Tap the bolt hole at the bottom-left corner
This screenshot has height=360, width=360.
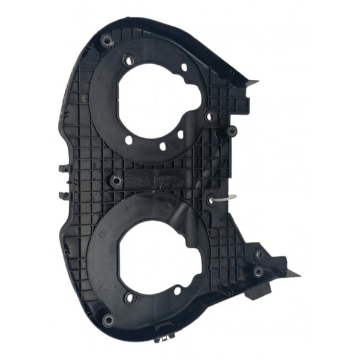107,318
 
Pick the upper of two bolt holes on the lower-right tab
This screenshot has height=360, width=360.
259,254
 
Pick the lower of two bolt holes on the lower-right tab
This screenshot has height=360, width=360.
257,272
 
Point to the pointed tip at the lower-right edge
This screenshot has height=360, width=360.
298,275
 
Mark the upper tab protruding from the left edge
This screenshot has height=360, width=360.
62,166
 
